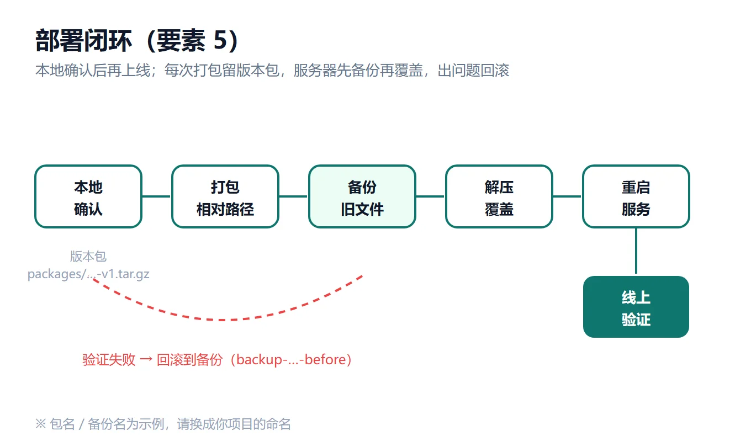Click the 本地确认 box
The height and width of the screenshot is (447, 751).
(88, 196)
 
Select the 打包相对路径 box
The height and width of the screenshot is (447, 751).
(225, 196)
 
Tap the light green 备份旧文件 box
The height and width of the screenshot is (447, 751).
(362, 196)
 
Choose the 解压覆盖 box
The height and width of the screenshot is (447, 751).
(499, 196)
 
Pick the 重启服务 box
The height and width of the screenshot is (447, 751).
(636, 196)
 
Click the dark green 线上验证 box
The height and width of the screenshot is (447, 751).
(636, 307)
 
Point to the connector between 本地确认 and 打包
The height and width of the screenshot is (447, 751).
(157, 196)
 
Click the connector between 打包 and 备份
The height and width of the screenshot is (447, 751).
(294, 196)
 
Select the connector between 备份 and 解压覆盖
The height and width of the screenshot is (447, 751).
(431, 196)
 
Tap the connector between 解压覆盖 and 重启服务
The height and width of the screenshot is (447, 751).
(568, 196)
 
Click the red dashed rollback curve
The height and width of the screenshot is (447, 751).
(222, 320)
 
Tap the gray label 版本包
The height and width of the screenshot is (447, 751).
(88, 257)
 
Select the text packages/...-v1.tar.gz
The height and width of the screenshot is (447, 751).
(88, 274)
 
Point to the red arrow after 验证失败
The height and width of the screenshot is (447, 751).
(146, 360)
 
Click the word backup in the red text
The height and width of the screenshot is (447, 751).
(260, 360)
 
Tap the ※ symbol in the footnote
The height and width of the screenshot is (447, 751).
(40, 424)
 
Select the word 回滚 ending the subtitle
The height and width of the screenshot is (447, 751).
(495, 71)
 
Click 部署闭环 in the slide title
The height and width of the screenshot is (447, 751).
(83, 40)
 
